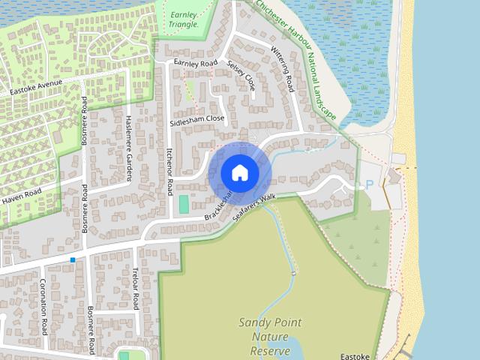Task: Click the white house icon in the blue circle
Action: [240, 172]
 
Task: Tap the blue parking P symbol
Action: [368, 184]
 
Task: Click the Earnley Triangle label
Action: [184, 19]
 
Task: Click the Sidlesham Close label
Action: [197, 119]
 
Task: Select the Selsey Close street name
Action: [241, 76]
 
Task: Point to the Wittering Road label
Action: [282, 70]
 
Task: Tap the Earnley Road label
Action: [195, 62]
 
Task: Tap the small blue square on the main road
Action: [73, 259]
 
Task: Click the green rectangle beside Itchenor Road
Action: [184, 204]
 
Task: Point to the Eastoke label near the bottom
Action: [357, 356]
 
